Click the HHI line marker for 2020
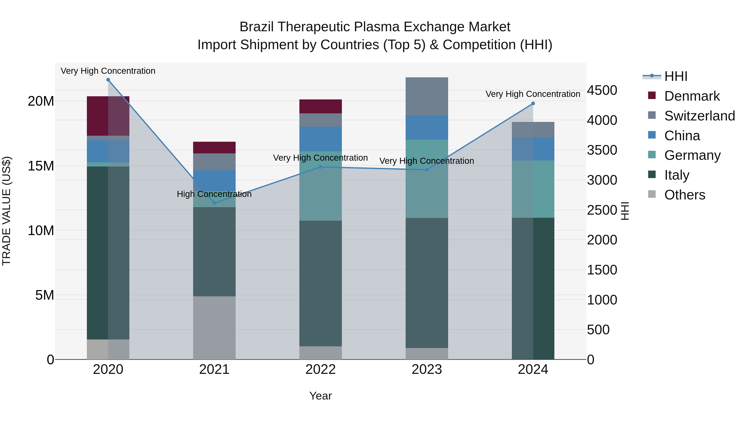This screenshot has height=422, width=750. [108, 80]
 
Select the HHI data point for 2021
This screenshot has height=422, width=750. [214, 203]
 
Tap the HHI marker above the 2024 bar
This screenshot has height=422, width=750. [533, 103]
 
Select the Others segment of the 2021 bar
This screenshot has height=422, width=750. [214, 328]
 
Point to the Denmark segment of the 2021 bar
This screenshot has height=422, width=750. [214, 147]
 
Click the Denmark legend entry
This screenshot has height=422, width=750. [692, 96]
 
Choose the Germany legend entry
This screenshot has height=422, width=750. [692, 155]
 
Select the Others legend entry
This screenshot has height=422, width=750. [685, 195]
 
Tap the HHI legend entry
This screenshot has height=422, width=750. [675, 76]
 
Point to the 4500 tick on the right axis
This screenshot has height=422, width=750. [601, 90]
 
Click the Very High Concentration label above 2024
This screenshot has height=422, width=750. [532, 94]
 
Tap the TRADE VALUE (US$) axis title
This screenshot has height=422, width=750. [6, 211]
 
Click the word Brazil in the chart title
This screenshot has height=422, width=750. [256, 27]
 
